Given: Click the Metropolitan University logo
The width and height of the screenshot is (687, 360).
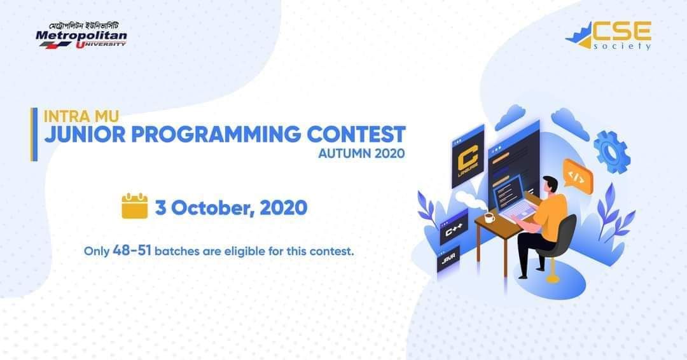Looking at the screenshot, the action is click(x=81, y=35).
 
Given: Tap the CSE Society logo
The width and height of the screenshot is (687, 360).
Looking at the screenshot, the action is click(x=608, y=35).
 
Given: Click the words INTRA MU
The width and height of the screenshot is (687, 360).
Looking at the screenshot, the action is click(x=81, y=116).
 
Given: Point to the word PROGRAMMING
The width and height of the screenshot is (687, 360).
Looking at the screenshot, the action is click(x=216, y=134).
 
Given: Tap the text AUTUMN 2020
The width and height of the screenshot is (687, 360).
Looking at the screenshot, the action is click(x=361, y=154).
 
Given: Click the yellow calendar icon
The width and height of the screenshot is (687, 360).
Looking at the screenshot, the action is click(x=134, y=206).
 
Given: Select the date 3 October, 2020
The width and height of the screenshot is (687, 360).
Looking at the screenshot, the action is click(x=231, y=208).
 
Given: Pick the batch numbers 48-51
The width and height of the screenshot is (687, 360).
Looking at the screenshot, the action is click(x=132, y=251).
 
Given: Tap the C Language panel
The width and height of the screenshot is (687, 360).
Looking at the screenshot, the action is click(x=468, y=156).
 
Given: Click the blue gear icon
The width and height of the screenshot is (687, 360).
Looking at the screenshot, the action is click(x=612, y=152).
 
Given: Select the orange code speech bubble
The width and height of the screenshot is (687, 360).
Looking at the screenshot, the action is click(x=578, y=176).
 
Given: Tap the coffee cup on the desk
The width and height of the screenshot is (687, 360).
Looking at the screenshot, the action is click(x=489, y=218).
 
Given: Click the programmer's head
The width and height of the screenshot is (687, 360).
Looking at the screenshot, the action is click(x=550, y=184).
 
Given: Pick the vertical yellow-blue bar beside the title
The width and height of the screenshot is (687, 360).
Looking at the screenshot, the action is click(x=34, y=134).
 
